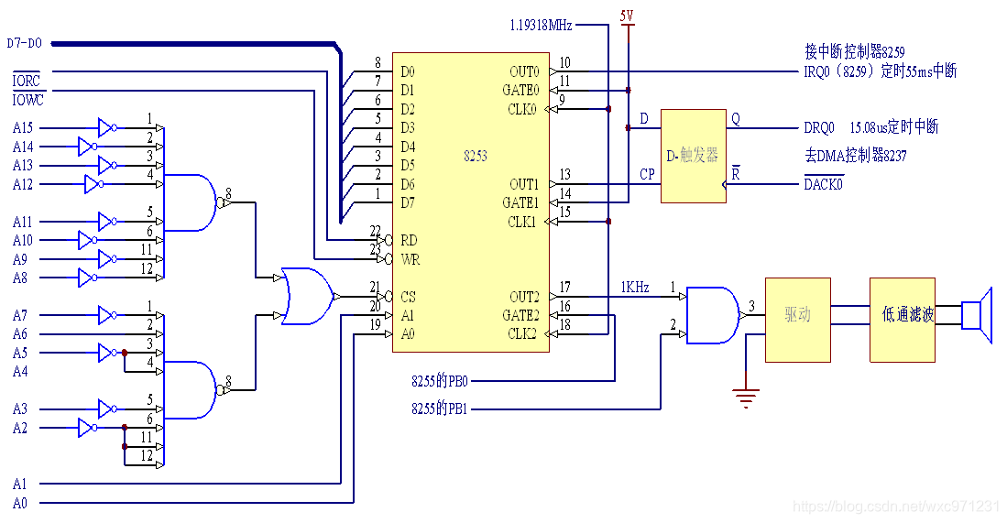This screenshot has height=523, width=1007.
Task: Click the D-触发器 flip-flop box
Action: tap(694, 156)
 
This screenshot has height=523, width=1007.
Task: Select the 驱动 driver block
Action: tap(798, 321)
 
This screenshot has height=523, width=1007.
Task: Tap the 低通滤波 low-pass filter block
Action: tap(903, 321)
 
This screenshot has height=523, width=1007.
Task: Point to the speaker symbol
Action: tap(977, 314)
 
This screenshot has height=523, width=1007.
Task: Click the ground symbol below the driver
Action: tap(746, 398)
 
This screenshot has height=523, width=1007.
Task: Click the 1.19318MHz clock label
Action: tap(541, 25)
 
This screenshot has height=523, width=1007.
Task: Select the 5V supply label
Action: tap(628, 16)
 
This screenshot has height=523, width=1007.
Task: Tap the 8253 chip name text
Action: tap(476, 156)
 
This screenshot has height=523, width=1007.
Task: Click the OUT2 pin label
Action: tap(524, 297)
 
